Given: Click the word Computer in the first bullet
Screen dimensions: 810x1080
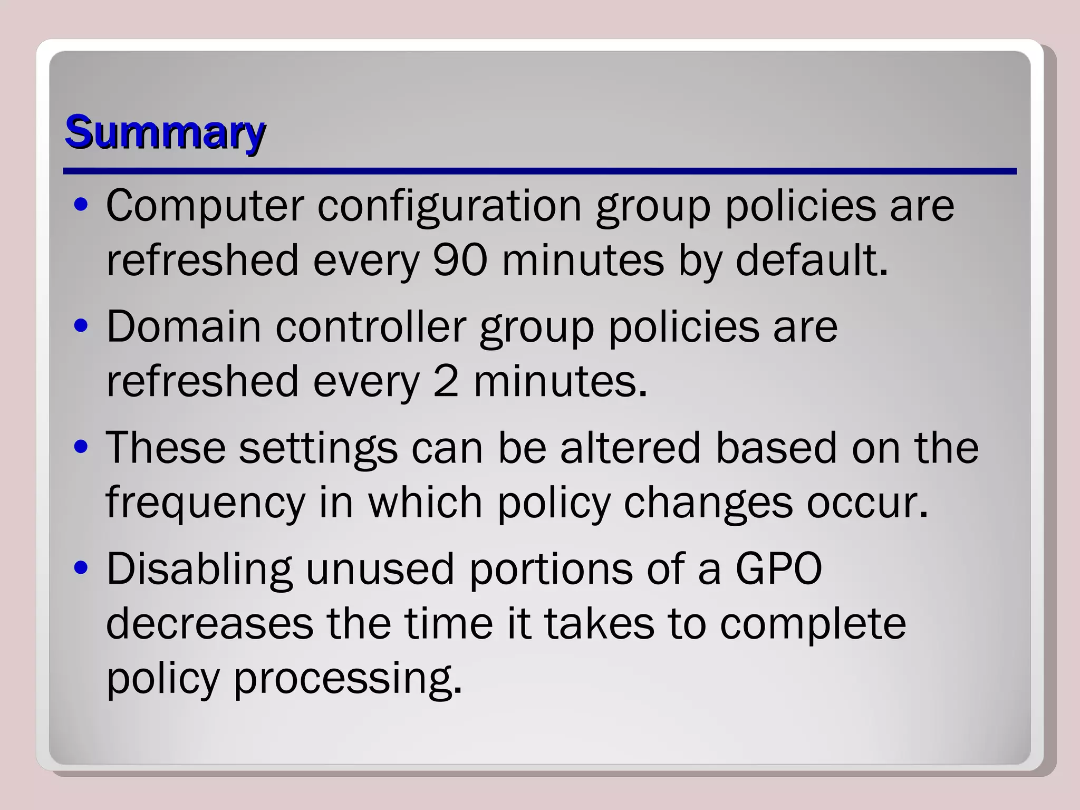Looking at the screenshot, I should (205, 206).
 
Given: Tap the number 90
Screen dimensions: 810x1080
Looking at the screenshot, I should (460, 261).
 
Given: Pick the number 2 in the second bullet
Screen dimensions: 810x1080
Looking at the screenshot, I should (446, 382).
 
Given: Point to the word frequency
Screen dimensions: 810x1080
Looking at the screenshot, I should (206, 504).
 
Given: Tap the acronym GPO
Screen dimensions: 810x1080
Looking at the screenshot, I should (778, 570).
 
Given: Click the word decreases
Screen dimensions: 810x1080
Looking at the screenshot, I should (209, 624).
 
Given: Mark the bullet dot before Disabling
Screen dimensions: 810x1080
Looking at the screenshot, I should (81, 568).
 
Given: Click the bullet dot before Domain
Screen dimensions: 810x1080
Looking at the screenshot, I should (81, 326).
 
